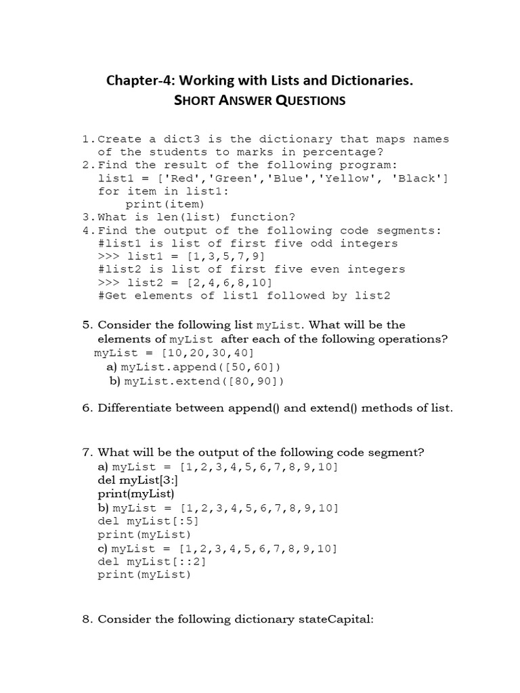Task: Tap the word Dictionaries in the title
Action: click(x=366, y=81)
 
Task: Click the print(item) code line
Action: click(x=165, y=204)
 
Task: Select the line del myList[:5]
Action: click(x=149, y=521)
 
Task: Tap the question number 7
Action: click(x=86, y=452)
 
